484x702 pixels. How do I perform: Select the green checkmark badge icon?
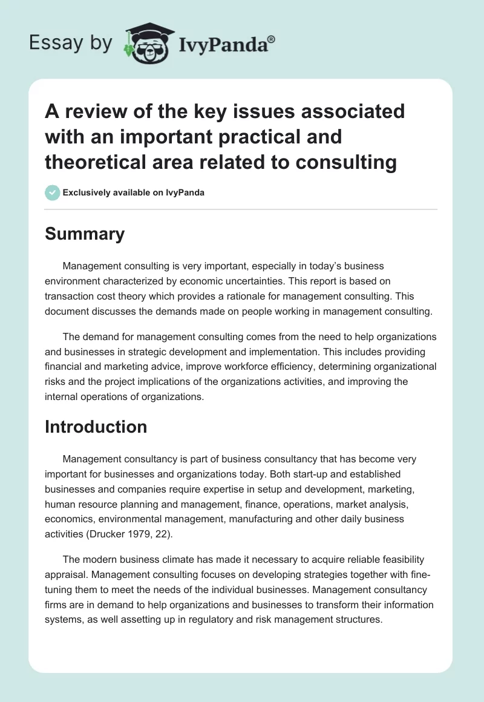coord(52,192)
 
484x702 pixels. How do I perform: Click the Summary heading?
coord(85,234)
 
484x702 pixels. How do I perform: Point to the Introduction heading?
coord(96,427)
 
